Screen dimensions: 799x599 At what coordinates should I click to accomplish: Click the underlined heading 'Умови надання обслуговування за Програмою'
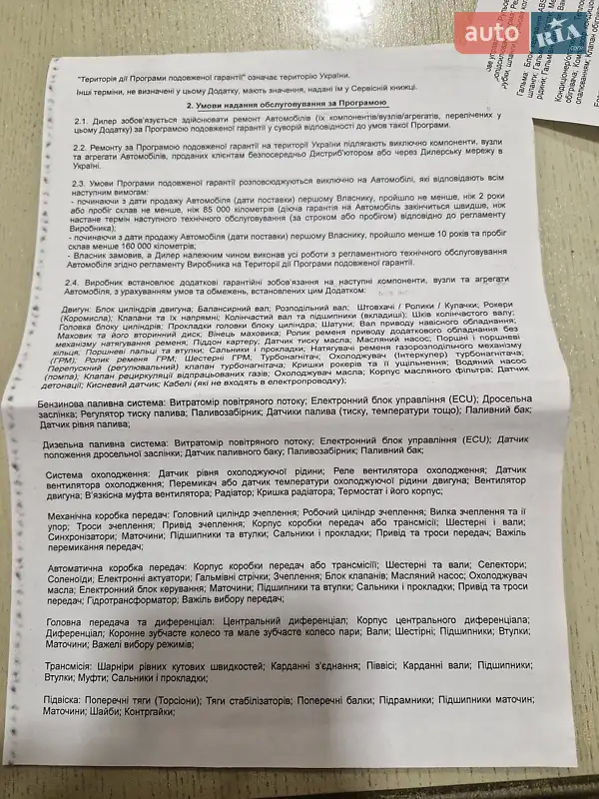click(x=285, y=103)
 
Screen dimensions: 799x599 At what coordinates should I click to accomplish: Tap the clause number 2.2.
click(x=78, y=148)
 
